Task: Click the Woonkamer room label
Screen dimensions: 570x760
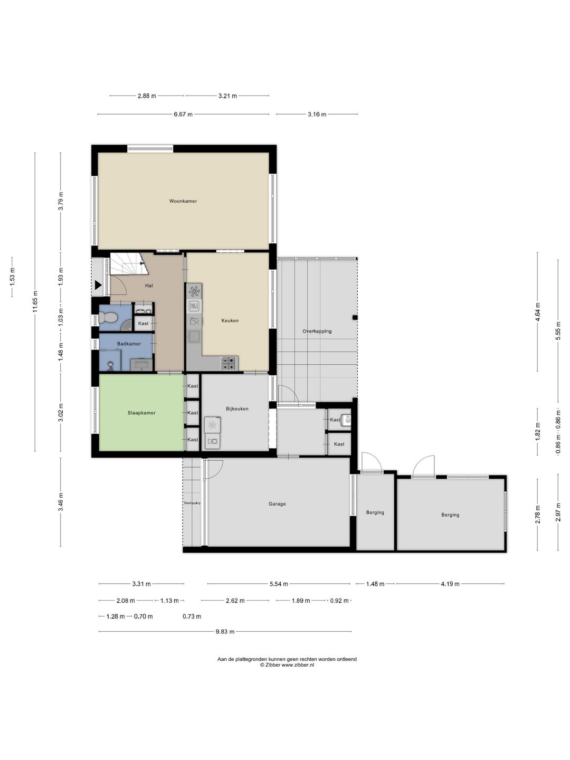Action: pyautogui.click(x=183, y=201)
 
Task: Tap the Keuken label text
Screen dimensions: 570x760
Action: pyautogui.click(x=230, y=320)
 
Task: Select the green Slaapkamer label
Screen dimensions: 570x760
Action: pyautogui.click(x=141, y=413)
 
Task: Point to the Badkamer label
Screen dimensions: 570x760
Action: pyautogui.click(x=129, y=344)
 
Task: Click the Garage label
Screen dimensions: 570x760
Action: pyautogui.click(x=277, y=504)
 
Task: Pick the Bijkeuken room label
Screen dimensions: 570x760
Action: pyautogui.click(x=237, y=408)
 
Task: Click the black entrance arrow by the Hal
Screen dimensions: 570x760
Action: pyautogui.click(x=98, y=286)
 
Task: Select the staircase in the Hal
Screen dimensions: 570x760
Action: pyautogui.click(x=127, y=264)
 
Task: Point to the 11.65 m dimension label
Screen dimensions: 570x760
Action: pyautogui.click(x=35, y=301)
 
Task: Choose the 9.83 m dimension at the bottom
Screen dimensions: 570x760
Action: pyautogui.click(x=225, y=632)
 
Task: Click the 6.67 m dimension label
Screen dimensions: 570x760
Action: pyautogui.click(x=183, y=114)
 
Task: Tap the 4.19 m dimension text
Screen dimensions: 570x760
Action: pyautogui.click(x=450, y=584)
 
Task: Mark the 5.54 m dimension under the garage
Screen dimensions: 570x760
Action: pyautogui.click(x=279, y=584)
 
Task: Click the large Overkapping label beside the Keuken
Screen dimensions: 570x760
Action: pyautogui.click(x=317, y=331)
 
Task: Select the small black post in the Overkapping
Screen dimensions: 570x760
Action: pyautogui.click(x=355, y=317)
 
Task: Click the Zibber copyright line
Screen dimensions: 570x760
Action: pyautogui.click(x=287, y=665)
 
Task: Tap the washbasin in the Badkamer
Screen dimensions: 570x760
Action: pyautogui.click(x=141, y=364)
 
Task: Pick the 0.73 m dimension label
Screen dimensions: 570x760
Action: pyautogui.click(x=192, y=616)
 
